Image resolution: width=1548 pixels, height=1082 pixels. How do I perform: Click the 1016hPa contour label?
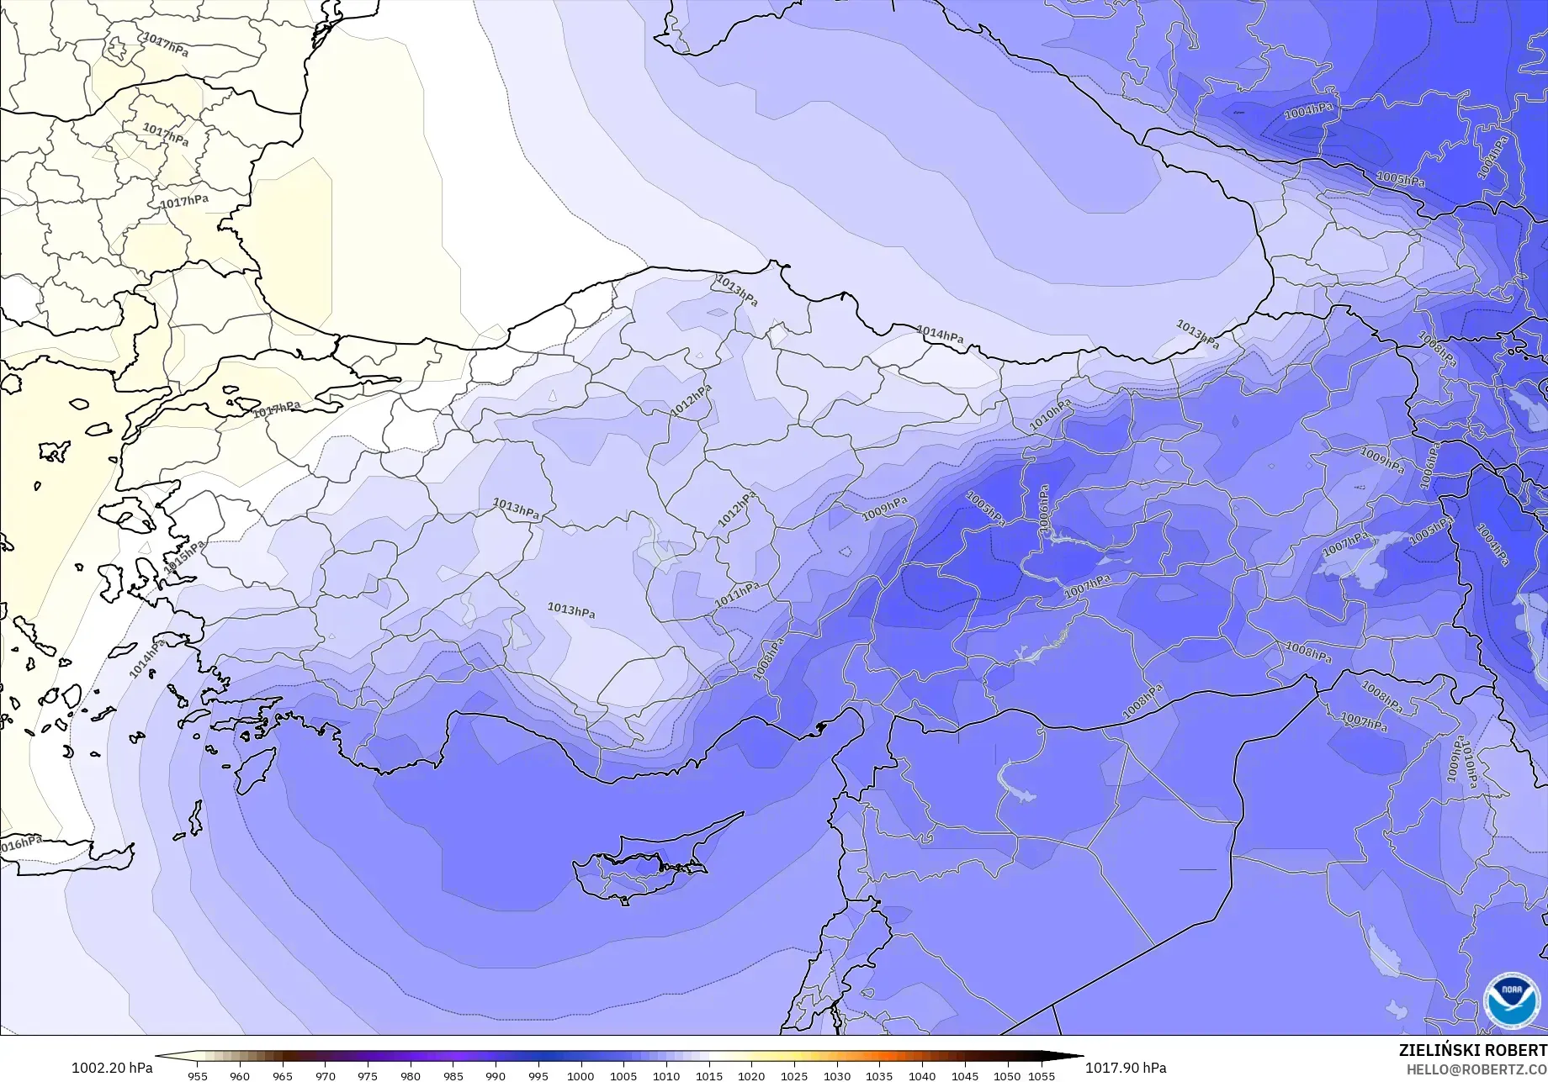tap(20, 843)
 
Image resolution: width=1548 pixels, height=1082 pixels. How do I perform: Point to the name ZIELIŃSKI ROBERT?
tap(1472, 1050)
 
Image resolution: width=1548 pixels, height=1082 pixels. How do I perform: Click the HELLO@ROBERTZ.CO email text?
tap(1476, 1068)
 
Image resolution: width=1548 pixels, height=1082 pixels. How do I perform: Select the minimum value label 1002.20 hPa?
tap(112, 1068)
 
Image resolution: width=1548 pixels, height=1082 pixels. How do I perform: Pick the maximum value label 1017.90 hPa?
tap(1126, 1068)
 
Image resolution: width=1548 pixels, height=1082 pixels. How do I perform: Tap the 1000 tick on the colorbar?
tap(580, 1075)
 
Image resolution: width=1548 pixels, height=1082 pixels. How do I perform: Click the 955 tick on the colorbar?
tap(197, 1075)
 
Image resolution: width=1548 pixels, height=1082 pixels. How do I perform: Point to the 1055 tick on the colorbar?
tap(1041, 1075)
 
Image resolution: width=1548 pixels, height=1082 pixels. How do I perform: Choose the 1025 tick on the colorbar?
tap(793, 1075)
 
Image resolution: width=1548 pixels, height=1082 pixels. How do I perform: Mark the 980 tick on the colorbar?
tap(410, 1075)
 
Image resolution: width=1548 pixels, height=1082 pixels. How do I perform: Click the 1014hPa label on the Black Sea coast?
tap(940, 335)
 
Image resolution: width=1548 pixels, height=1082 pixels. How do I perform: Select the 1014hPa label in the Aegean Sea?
tap(147, 659)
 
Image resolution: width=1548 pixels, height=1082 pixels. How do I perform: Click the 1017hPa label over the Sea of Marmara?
tap(277, 409)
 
